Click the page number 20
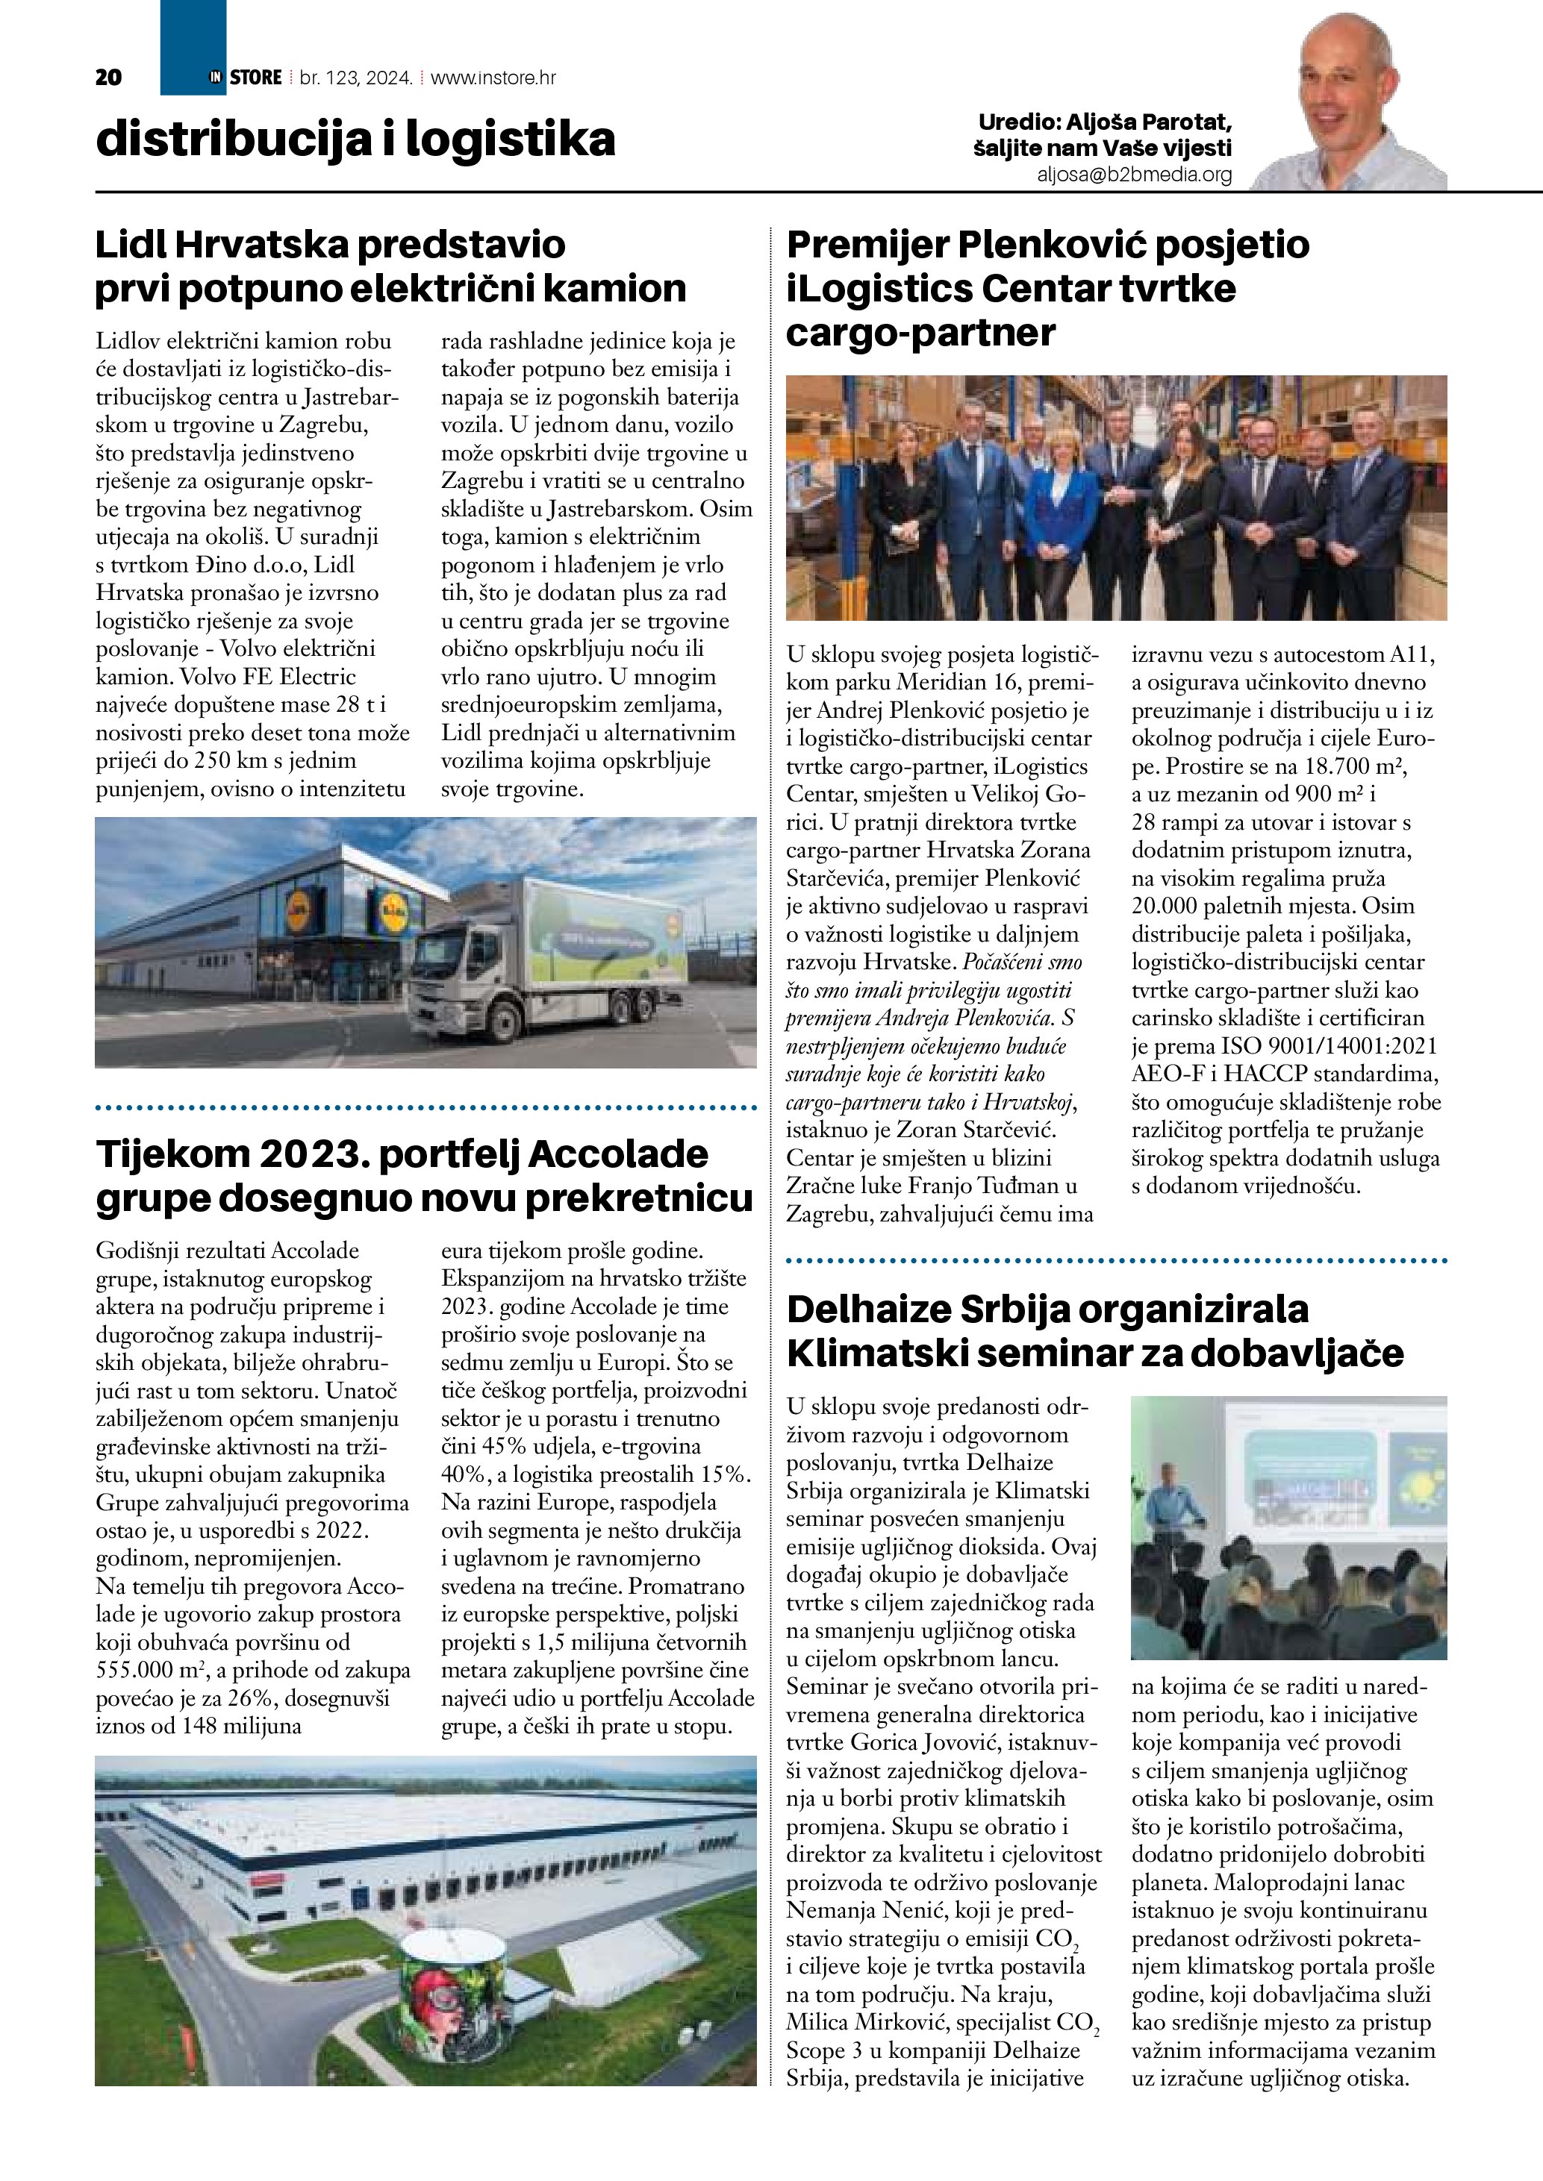(x=108, y=78)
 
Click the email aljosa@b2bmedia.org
(x=1135, y=175)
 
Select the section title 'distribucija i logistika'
(x=355, y=140)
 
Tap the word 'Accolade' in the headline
(x=617, y=1154)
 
